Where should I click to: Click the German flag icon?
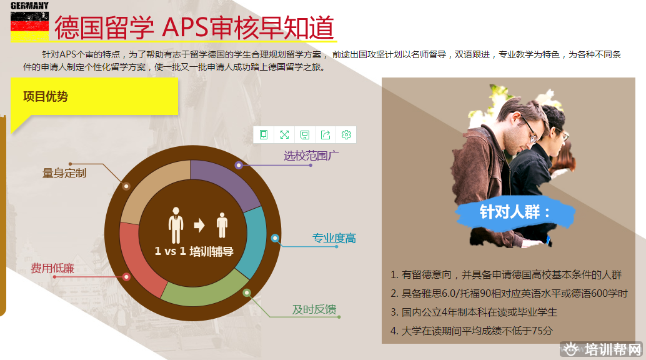pyautogui.click(x=29, y=26)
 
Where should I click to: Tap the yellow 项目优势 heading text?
pyautogui.click(x=46, y=96)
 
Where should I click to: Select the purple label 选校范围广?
pyautogui.click(x=311, y=156)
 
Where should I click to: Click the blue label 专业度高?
pyautogui.click(x=334, y=238)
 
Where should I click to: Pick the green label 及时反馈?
pyautogui.click(x=314, y=309)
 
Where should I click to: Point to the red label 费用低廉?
pyautogui.click(x=52, y=269)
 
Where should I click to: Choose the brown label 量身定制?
pyautogui.click(x=64, y=173)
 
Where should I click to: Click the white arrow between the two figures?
pyautogui.click(x=199, y=225)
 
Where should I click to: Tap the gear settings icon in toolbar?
pyautogui.click(x=346, y=135)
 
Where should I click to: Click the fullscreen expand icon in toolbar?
pyautogui.click(x=284, y=135)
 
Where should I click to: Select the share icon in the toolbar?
pyautogui.click(x=325, y=135)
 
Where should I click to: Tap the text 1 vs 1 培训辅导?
pyautogui.click(x=194, y=251)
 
